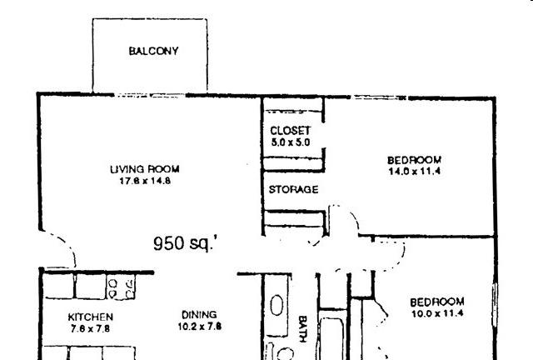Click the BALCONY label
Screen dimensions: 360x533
(x=154, y=52)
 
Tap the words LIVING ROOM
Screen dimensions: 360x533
(x=145, y=169)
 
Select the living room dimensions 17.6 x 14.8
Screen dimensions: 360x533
(x=145, y=180)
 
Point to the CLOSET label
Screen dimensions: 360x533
(x=290, y=132)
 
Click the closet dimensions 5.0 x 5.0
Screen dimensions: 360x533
(x=290, y=142)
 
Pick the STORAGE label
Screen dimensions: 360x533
(x=293, y=189)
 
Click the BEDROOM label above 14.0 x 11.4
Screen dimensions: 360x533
(x=414, y=160)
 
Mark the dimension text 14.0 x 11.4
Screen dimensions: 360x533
(x=414, y=171)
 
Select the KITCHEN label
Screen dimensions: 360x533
(x=90, y=317)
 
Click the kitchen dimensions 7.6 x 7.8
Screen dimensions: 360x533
(x=90, y=328)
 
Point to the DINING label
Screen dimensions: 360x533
(x=200, y=314)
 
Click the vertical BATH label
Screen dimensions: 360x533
(x=304, y=327)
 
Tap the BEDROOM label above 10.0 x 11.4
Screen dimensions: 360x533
(x=436, y=302)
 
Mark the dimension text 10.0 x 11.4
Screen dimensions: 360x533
(x=436, y=313)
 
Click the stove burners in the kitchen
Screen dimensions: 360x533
(x=121, y=287)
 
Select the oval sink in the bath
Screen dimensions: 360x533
(x=276, y=306)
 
